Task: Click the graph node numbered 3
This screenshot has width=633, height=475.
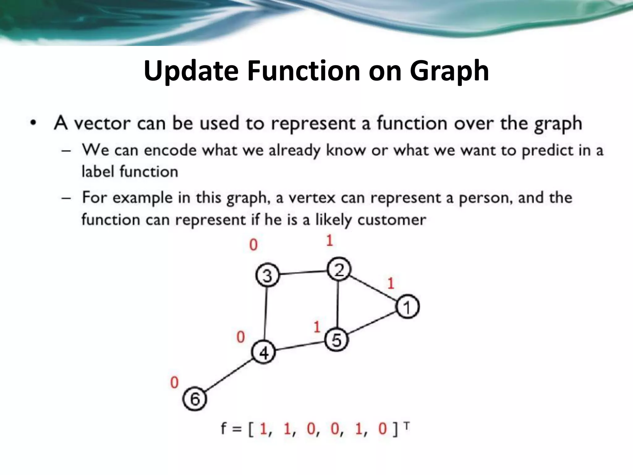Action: point(267,275)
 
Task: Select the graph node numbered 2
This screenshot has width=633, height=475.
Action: point(339,269)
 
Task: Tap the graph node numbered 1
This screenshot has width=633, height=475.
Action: point(407,306)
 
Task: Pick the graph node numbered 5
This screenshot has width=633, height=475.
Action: point(336,340)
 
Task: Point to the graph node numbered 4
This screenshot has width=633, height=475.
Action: point(264,352)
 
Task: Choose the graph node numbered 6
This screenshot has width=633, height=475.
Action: point(195,398)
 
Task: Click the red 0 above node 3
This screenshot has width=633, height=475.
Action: point(253,245)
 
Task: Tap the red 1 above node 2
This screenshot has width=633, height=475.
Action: point(329,241)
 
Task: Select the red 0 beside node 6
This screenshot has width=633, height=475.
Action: point(174,383)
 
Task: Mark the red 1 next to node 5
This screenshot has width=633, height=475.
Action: point(317,327)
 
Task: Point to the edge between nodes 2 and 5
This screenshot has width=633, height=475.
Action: point(338,305)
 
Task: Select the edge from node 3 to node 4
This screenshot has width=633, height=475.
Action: point(266,314)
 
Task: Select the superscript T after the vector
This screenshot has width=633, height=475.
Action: point(406,426)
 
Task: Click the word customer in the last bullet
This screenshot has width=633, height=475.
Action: point(392,220)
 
